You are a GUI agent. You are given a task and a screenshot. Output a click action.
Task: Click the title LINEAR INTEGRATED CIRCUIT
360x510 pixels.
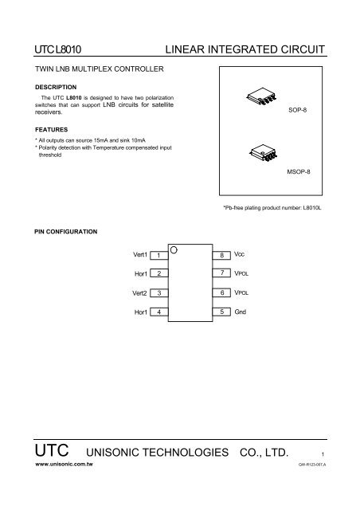[x=245, y=50]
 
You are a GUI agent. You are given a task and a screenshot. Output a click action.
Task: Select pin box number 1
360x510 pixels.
[x=159, y=254]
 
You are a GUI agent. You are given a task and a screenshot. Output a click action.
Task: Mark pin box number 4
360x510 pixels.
[x=159, y=312]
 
